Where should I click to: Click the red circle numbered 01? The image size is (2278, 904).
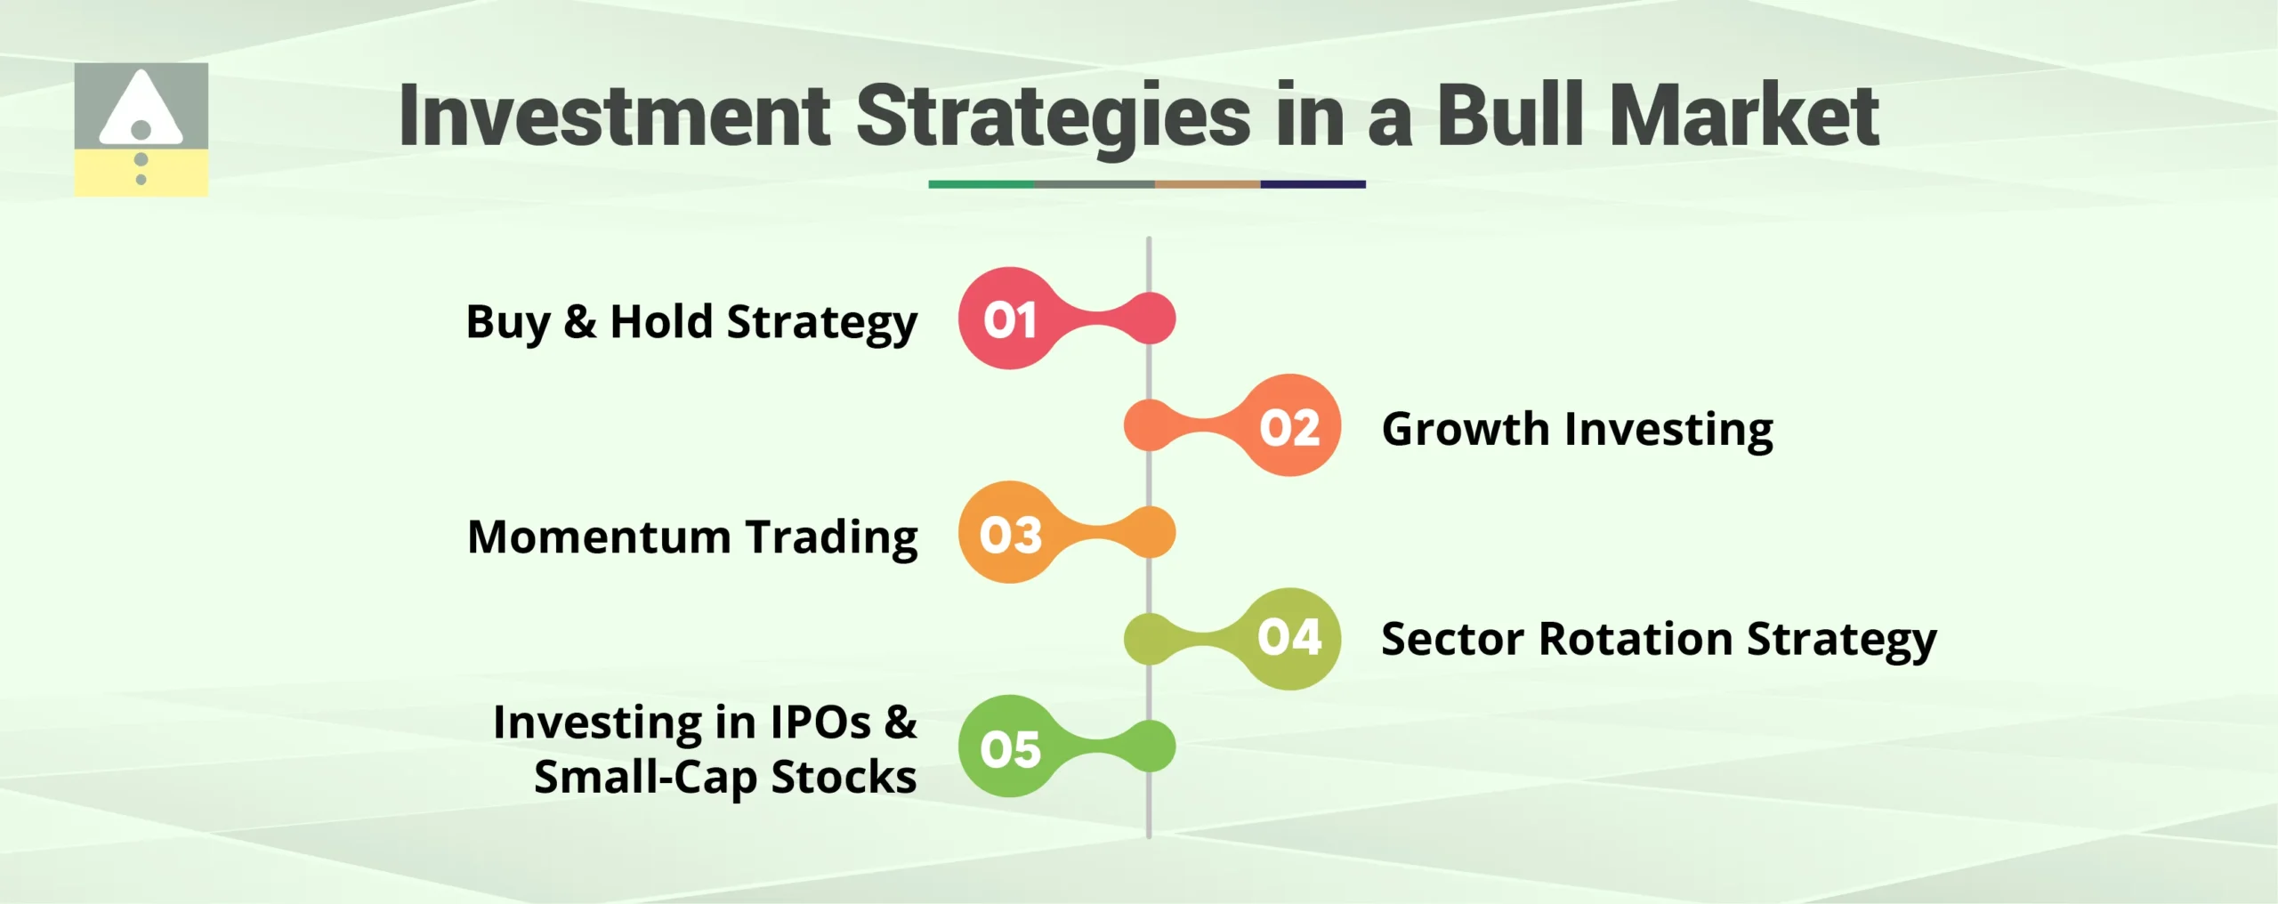[1009, 319]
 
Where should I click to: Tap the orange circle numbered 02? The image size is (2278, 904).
[1289, 425]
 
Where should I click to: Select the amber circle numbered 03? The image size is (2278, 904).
[1009, 533]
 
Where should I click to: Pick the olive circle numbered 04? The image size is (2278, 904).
[1289, 639]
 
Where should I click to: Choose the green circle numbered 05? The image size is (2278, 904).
[1009, 747]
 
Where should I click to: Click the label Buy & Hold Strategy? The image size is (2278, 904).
[691, 322]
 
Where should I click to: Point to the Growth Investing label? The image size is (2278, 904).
[1577, 430]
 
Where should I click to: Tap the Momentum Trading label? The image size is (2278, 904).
[692, 537]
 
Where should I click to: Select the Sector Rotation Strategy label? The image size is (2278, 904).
[1659, 640]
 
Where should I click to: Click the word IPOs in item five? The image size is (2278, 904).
[820, 722]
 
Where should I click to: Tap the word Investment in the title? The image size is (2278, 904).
[614, 116]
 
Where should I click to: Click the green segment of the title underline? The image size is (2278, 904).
[981, 184]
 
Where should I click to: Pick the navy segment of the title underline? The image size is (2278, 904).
[1313, 184]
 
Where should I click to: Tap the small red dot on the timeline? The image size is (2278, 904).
[1151, 319]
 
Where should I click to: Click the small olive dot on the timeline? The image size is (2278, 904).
[1149, 639]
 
